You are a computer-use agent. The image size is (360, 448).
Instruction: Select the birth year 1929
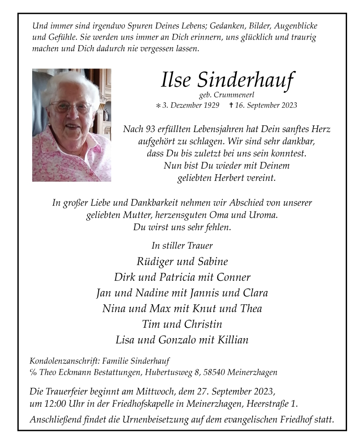click(210, 105)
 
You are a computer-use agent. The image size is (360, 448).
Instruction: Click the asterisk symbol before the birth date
click(157, 106)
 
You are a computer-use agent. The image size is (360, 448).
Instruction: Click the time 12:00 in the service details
click(55, 404)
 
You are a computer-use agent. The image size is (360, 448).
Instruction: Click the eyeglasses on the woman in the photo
click(71, 108)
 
